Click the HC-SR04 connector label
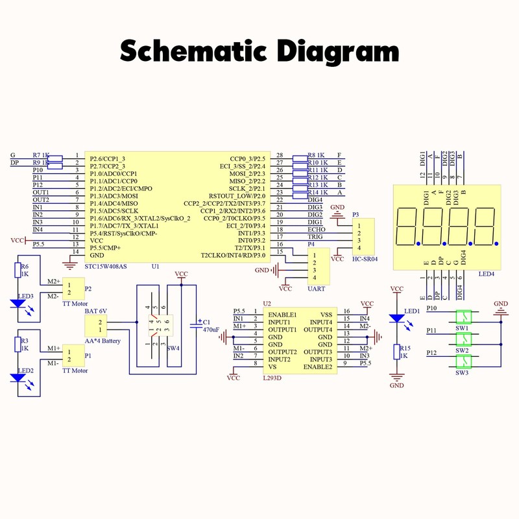coord(363,259)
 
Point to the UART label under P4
coord(316,289)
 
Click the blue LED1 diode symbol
coord(397,319)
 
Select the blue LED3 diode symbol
coord(24,303)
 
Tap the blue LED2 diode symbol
coord(24,378)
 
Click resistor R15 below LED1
coord(397,352)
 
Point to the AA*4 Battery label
coord(103,341)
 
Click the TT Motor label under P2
coord(75,303)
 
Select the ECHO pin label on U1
coord(298,230)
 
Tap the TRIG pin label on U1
coord(298,237)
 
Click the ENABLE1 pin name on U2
coord(282,315)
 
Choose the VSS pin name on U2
coord(326,315)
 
